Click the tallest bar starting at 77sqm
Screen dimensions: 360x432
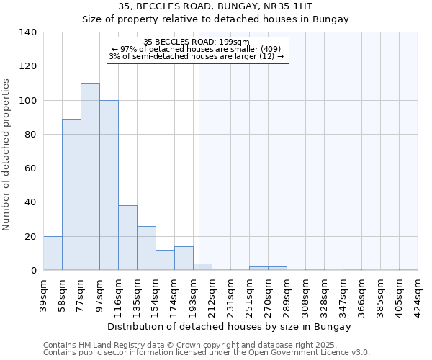coord(90,176)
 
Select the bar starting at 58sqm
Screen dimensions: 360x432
coord(71,194)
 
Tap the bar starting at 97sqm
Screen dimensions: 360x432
coord(109,185)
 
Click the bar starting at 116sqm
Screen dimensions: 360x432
coord(127,238)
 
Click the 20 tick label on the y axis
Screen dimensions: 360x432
coord(30,237)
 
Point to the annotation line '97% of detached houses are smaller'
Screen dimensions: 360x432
coord(200,49)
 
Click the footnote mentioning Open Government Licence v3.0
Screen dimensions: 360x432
coord(207,353)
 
